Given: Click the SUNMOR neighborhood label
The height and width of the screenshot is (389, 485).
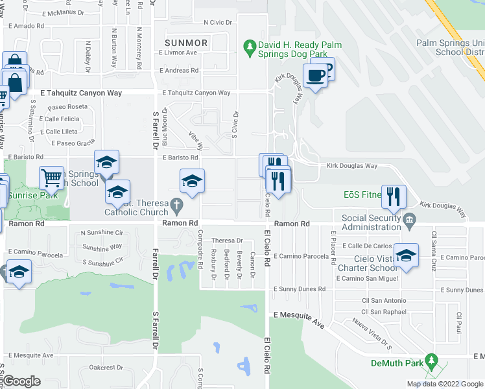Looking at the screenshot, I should click(x=186, y=43).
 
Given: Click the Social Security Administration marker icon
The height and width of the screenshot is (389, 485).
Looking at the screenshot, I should click(x=409, y=222).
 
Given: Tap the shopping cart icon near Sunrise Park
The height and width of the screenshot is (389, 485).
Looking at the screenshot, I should click(x=51, y=178).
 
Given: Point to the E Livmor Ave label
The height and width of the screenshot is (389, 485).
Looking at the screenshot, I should click(x=178, y=53).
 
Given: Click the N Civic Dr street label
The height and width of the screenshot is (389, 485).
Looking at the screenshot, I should click(x=217, y=22).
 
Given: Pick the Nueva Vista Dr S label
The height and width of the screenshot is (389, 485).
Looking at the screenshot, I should click(x=370, y=331).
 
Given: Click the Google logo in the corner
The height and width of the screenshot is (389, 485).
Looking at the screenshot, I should click(x=21, y=381).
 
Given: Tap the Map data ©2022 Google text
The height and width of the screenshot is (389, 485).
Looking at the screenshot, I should click(x=445, y=384).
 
